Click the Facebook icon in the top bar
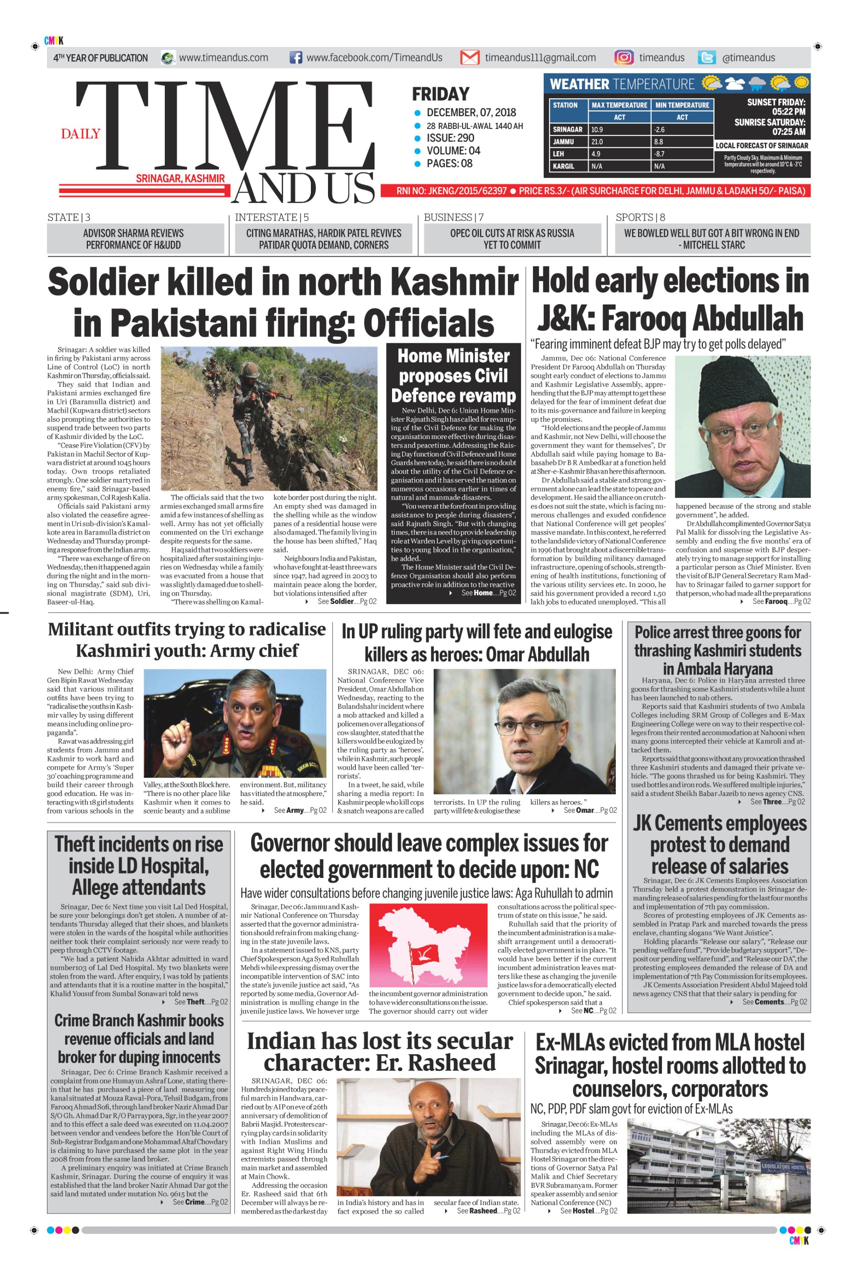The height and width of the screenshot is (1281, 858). click(296, 58)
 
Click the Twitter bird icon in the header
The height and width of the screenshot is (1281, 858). click(707, 58)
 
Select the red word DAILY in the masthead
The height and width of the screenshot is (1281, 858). click(80, 134)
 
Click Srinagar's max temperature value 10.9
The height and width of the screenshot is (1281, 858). click(597, 130)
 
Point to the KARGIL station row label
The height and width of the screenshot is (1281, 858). click(564, 166)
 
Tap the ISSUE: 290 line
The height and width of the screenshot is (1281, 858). click(450, 138)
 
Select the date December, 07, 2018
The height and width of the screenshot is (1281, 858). click(471, 113)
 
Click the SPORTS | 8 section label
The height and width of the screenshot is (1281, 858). click(640, 217)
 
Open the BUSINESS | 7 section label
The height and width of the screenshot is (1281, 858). click(453, 217)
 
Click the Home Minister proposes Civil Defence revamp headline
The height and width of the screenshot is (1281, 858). click(453, 376)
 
